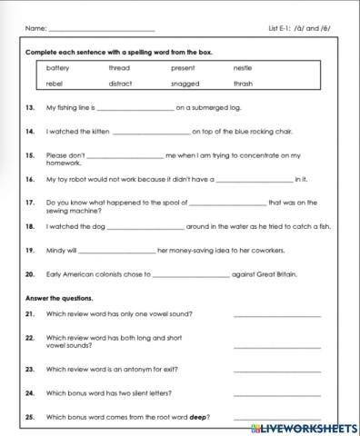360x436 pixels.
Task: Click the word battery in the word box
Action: coord(57,67)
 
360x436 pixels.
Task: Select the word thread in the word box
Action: coord(119,67)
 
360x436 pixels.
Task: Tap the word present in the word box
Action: coord(183,67)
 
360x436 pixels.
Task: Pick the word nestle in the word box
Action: coord(242,67)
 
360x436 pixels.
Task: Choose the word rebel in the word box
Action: coord(55,84)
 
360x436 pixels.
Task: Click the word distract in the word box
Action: coord(121,84)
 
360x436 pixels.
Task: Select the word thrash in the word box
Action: coord(243,84)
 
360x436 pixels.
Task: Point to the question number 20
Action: coord(29,273)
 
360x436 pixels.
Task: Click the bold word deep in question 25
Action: coord(199,417)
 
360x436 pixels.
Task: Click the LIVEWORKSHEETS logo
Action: coord(307,425)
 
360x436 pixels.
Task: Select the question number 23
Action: coord(29,370)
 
